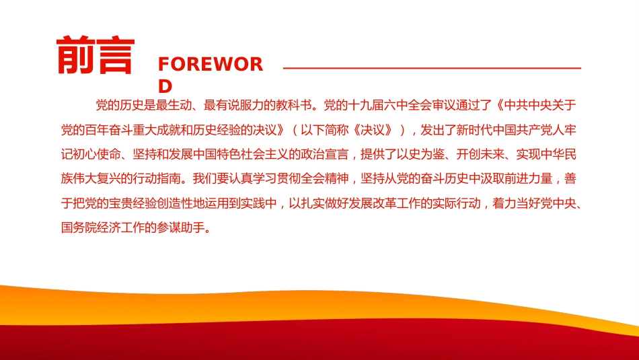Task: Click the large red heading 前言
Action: [95, 55]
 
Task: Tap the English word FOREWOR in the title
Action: [210, 65]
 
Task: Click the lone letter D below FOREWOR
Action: [165, 87]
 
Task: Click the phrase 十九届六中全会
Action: [386, 105]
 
